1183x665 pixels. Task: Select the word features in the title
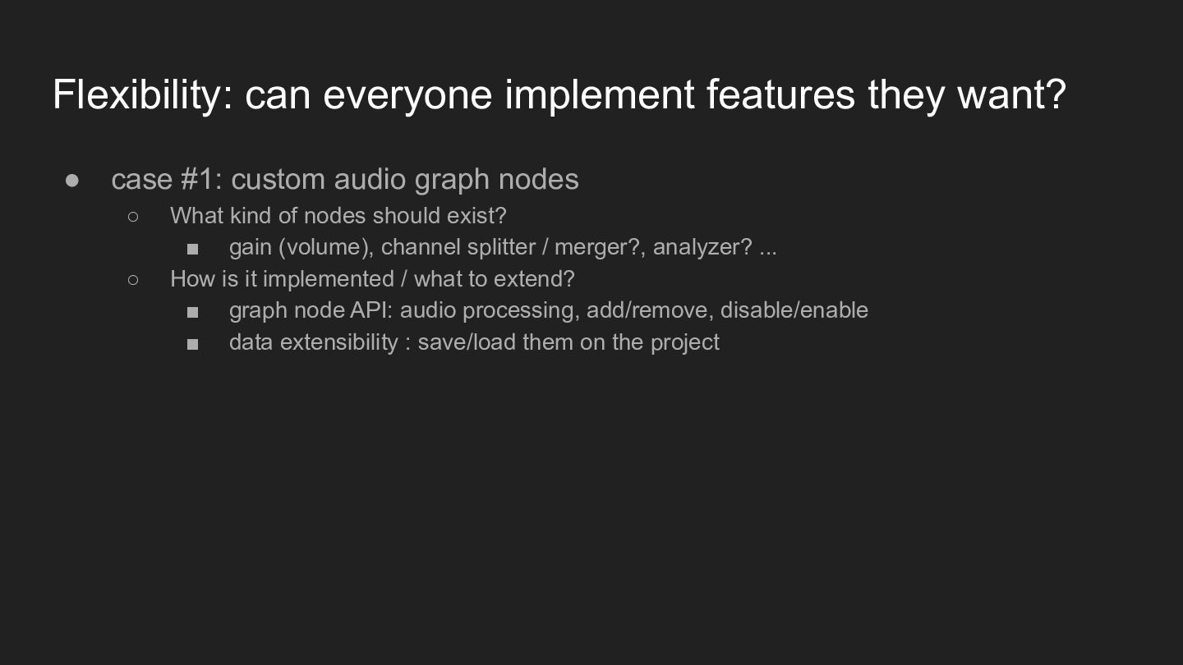point(780,94)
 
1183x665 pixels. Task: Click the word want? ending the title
point(1012,95)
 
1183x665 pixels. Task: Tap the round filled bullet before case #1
point(71,181)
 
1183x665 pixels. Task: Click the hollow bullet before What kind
point(133,217)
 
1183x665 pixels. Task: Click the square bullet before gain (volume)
point(193,249)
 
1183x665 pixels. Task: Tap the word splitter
point(501,248)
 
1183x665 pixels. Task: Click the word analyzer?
point(702,248)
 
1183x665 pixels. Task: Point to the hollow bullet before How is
point(133,280)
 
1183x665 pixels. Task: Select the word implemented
point(329,279)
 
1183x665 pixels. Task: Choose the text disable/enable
point(794,310)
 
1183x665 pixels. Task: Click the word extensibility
point(339,342)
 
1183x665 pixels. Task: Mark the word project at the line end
point(685,343)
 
